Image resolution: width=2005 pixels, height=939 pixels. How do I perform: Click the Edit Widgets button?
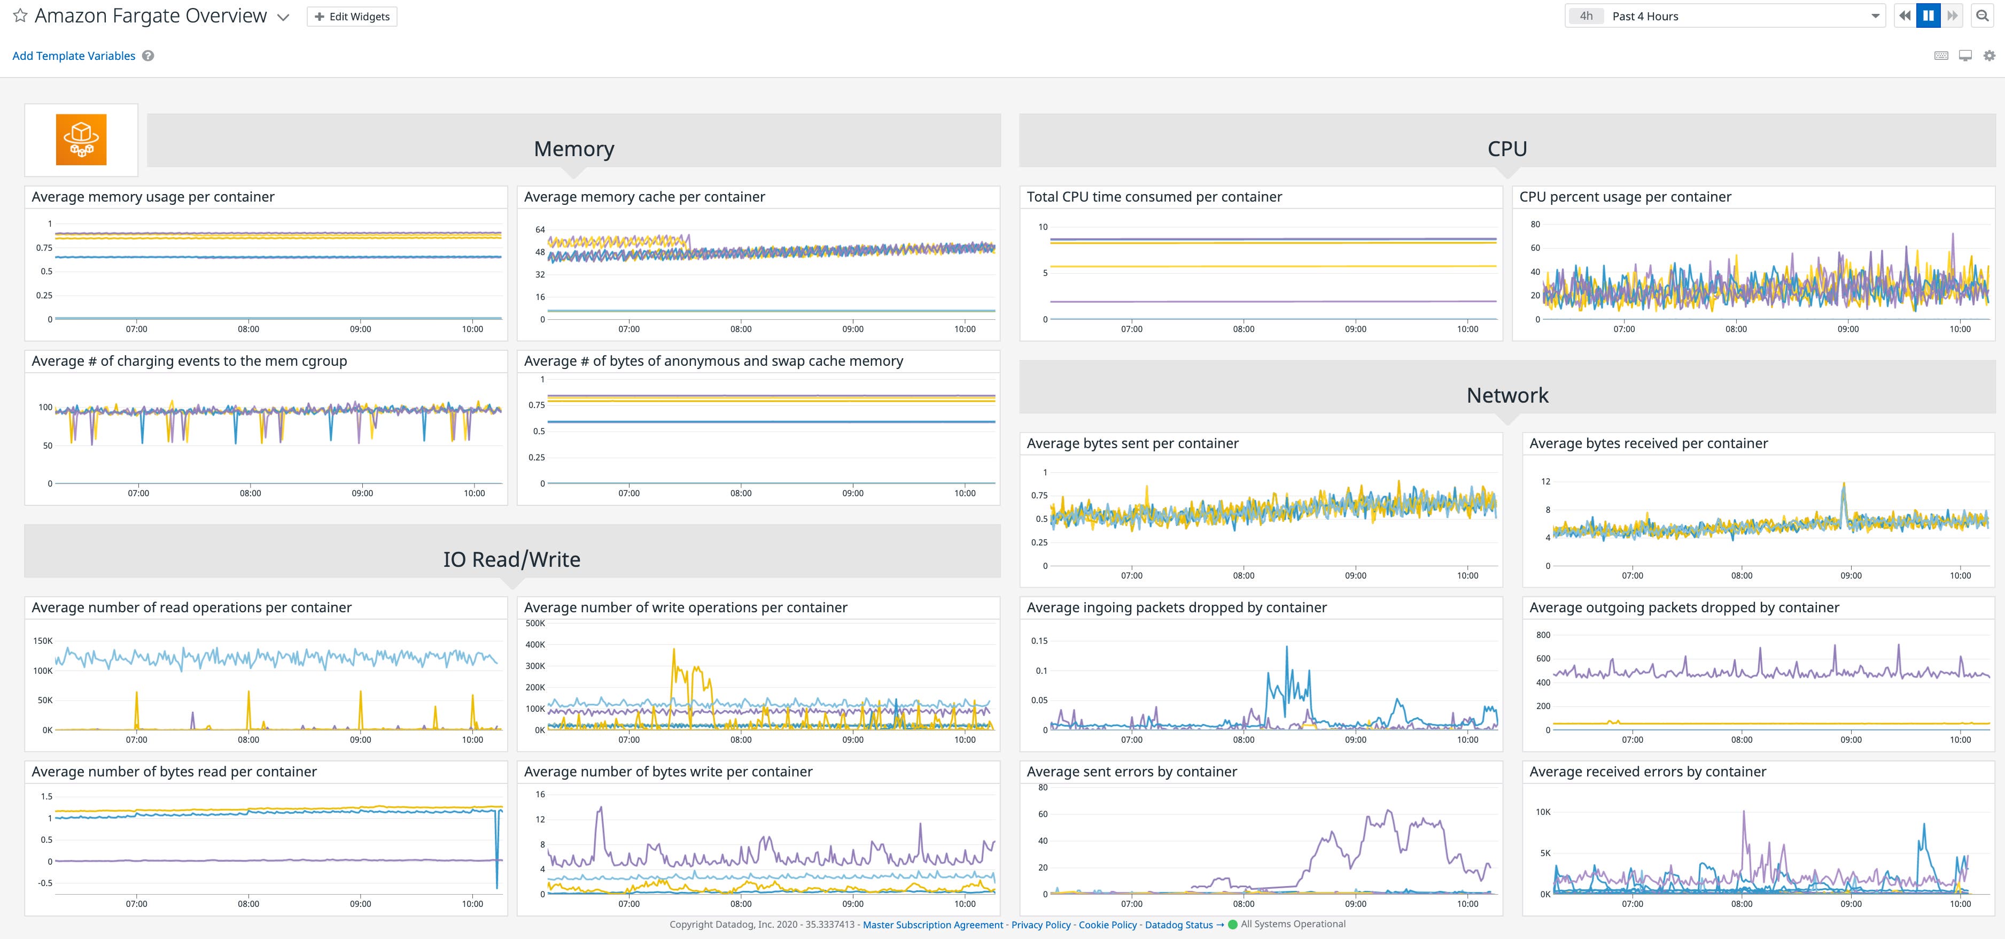tap(352, 17)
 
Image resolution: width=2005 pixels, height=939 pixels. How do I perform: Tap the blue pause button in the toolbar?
tap(1928, 16)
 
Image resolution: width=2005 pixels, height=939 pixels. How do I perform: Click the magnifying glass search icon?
tap(1983, 16)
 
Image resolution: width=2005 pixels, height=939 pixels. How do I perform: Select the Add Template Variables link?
tap(74, 56)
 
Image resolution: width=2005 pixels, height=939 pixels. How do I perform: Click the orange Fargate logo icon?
tap(81, 140)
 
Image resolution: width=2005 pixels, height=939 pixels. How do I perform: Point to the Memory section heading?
tap(573, 149)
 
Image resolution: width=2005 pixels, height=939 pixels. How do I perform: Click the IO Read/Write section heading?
tap(511, 559)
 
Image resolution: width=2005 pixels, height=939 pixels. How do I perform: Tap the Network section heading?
tap(1507, 395)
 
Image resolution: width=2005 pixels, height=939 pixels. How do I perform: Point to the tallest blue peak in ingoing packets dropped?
tap(1286, 648)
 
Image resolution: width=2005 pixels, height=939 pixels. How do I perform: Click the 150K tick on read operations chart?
tap(43, 641)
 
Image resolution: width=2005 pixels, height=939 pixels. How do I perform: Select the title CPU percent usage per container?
tap(1625, 197)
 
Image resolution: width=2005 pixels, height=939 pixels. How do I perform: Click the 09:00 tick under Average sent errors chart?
tap(1355, 904)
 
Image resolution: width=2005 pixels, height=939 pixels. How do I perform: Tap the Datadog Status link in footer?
tap(1178, 925)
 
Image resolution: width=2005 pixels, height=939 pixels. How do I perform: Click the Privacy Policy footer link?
tap(1040, 925)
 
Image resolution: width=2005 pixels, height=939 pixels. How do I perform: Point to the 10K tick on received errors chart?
tap(1543, 812)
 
